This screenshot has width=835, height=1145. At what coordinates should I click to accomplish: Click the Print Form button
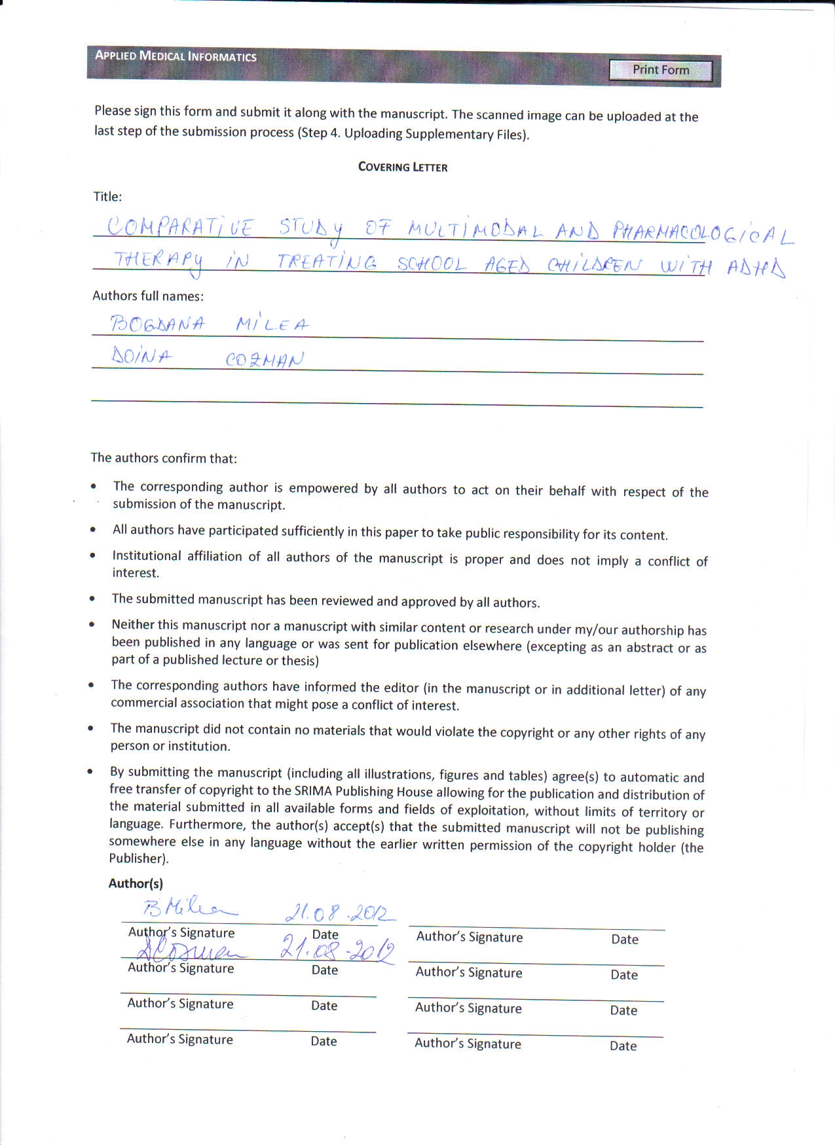pos(660,70)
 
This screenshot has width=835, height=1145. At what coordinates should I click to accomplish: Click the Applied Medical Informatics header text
pos(176,56)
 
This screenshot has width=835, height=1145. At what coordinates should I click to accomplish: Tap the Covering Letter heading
pos(403,167)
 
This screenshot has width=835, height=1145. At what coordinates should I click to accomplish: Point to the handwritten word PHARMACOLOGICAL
pos(702,232)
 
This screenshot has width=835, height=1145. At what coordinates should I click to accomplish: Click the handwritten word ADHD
pos(756,267)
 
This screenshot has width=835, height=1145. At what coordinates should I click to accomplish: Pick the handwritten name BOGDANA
pos(157,323)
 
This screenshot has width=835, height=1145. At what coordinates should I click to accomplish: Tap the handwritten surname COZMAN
pos(265,359)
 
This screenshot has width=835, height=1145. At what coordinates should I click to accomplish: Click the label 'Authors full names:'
pos(148,296)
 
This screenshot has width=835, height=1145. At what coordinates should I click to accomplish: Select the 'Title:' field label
pos(107,196)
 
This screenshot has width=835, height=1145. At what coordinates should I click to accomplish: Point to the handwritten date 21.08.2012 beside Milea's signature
pos(339,911)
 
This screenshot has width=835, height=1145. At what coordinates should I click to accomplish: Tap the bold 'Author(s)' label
pos(136,883)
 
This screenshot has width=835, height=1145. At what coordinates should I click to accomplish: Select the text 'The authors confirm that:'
pos(164,458)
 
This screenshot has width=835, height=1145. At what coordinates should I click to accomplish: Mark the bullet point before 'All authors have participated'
pos(94,530)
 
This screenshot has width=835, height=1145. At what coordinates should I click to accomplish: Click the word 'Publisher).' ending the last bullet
pos(139,858)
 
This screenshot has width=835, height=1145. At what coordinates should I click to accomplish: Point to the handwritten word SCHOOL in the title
pos(432,264)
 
